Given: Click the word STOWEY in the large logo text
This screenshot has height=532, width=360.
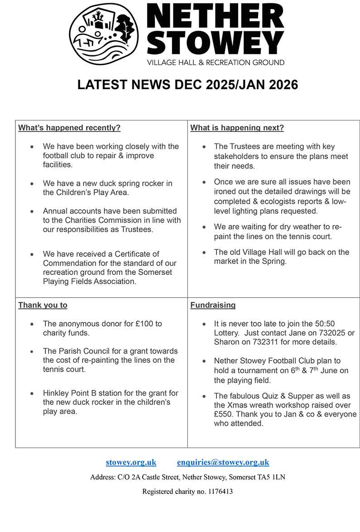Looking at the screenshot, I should [216, 43].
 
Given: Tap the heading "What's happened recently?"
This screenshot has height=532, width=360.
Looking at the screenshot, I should [69, 128].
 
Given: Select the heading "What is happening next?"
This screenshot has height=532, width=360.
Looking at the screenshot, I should [237, 128].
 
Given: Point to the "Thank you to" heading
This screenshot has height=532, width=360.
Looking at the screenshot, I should [43, 305].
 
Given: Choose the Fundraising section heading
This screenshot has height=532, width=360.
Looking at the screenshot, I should [213, 305].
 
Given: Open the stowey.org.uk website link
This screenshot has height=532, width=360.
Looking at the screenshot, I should [131, 462].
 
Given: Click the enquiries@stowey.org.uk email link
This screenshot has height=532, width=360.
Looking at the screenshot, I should [223, 462].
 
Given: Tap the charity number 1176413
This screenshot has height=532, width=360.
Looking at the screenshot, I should [219, 491].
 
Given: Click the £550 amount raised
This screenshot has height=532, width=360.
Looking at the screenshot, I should [224, 414].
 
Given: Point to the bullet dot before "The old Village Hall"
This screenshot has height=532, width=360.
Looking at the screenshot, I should [204, 253].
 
